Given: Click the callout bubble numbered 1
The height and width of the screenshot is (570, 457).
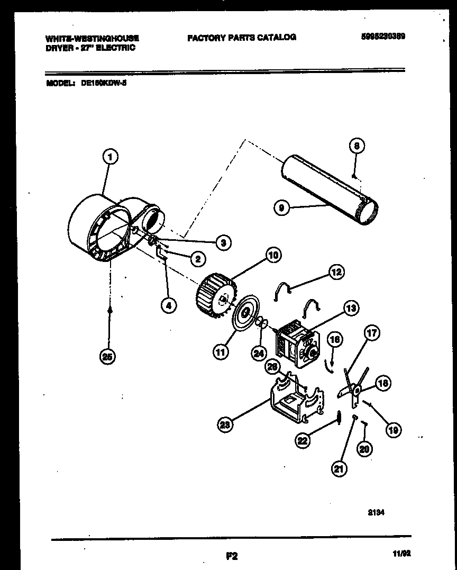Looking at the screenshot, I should point(109,157).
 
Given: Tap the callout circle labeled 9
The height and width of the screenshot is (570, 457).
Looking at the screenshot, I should point(282,209).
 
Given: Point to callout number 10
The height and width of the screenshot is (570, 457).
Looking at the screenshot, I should point(273,256).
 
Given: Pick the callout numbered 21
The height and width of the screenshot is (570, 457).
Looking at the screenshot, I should point(339,468).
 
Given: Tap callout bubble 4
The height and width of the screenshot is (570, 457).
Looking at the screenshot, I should point(168,305).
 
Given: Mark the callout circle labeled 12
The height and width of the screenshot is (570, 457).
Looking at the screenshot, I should point(336,272).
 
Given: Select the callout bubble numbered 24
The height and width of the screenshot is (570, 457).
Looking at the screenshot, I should point(259,353).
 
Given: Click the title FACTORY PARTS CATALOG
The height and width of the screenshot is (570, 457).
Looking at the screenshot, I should point(241,38).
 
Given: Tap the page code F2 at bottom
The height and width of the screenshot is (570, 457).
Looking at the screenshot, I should point(231,556).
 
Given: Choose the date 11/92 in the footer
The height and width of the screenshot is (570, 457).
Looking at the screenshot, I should point(403,554).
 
